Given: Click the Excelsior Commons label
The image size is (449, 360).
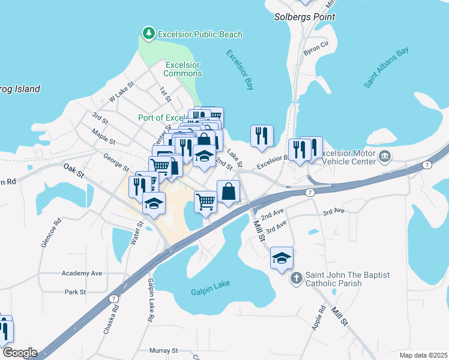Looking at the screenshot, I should coord(182,69).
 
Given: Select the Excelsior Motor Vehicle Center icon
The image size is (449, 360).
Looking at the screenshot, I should coord(385,157).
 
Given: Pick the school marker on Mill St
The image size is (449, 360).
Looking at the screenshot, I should coord(282,258).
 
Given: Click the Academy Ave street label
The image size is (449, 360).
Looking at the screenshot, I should coord(82,273).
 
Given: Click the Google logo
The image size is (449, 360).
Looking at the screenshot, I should coord(19,353).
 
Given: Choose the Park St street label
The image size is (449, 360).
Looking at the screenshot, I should coord(76,292).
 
